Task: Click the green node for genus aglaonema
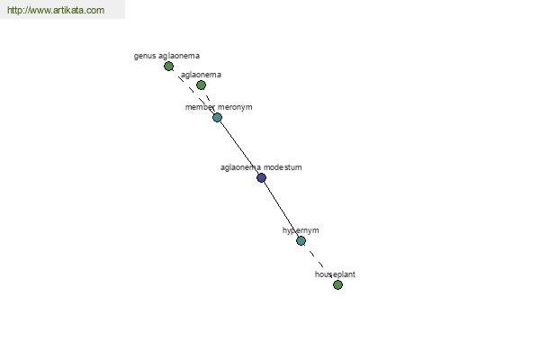[x=168, y=66]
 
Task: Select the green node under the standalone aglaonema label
[x=201, y=85]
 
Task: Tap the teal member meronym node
[x=217, y=118]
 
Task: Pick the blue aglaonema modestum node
[x=261, y=178]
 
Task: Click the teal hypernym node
[x=301, y=240]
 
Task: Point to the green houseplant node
[x=337, y=285]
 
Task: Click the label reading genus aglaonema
[x=166, y=56]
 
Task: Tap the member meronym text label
[x=219, y=107]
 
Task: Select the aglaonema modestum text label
[x=261, y=167]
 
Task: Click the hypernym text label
[x=301, y=230]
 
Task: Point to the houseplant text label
[x=335, y=274]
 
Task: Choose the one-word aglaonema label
[x=201, y=75]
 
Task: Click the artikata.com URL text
[x=56, y=10]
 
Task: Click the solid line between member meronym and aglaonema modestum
[x=239, y=148]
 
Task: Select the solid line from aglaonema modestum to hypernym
[x=282, y=209]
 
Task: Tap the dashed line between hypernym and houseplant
[x=319, y=263]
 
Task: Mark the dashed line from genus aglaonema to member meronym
[x=193, y=92]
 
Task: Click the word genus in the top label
[x=145, y=57]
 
